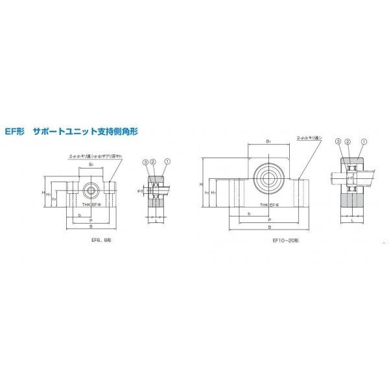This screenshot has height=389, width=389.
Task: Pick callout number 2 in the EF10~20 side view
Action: (348, 141)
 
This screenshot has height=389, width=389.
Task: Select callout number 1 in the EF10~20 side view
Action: (363, 141)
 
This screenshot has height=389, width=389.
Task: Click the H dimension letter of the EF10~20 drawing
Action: (202, 184)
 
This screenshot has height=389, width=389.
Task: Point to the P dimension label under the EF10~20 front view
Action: (268, 220)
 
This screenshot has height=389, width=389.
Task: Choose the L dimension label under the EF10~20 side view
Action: (351, 221)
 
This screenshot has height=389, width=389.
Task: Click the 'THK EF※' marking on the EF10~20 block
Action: (268, 205)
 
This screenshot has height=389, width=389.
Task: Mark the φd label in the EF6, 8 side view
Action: (140, 191)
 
